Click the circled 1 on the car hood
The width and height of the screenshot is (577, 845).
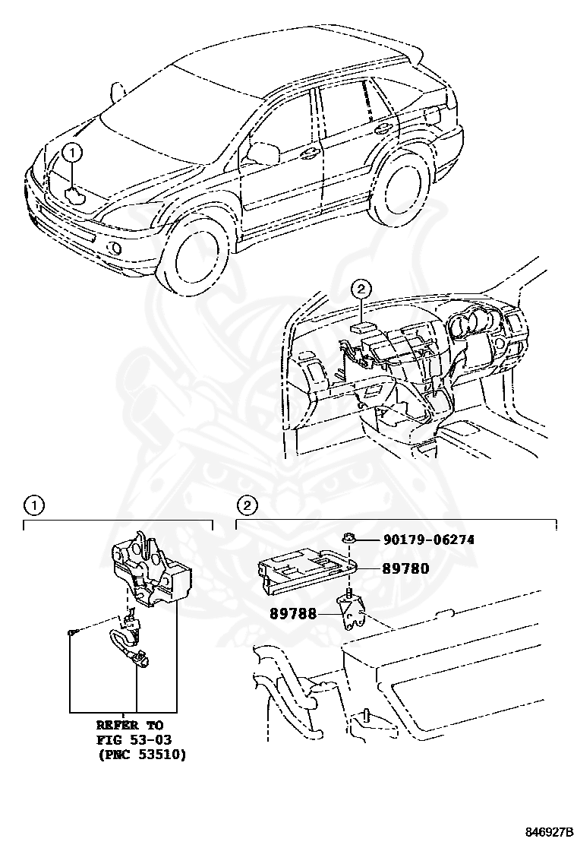[72, 152]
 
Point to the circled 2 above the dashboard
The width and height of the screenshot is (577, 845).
[362, 288]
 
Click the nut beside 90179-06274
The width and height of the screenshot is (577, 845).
[347, 540]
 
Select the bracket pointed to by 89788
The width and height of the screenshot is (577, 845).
[351, 612]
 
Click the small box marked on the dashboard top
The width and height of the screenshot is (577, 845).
[361, 328]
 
